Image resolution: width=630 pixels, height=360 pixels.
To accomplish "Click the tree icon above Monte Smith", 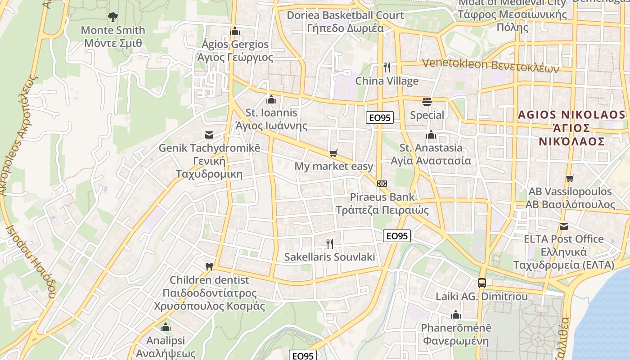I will click(x=112, y=17).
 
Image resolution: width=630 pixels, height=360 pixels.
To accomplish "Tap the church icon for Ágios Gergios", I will click(x=234, y=31).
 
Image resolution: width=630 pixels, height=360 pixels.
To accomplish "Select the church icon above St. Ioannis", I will click(x=271, y=99).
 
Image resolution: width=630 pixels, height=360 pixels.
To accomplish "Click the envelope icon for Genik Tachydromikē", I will click(x=209, y=135).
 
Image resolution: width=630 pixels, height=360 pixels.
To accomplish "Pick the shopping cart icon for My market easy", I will click(x=333, y=153).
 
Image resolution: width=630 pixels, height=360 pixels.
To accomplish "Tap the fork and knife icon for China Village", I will click(x=387, y=67).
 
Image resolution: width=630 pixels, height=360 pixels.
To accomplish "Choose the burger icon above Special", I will click(x=427, y=102).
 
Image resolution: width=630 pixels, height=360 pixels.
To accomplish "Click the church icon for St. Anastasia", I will click(x=431, y=135).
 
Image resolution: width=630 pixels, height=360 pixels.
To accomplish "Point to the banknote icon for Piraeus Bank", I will click(x=382, y=184).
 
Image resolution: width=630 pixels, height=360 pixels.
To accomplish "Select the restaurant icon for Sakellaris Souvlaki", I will click(x=330, y=244).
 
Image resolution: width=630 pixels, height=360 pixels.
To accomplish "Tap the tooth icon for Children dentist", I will click(x=209, y=266).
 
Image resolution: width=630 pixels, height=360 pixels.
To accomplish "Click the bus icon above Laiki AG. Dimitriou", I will click(x=481, y=283).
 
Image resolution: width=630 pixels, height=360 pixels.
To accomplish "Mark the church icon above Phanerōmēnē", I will click(x=456, y=315).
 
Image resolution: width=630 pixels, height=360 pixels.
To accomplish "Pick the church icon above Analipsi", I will click(x=166, y=327).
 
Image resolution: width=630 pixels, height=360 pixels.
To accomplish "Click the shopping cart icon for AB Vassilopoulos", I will click(x=570, y=178).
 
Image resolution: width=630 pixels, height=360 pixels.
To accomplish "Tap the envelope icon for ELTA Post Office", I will click(x=563, y=226).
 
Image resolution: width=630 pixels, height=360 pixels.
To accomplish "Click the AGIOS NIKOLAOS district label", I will click(x=571, y=128).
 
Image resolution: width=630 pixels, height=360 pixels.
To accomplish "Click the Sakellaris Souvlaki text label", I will click(x=329, y=257).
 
